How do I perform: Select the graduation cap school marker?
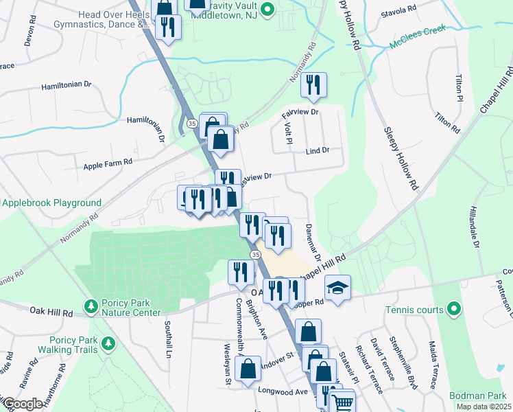[x=337, y=287]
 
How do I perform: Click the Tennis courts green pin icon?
[x=453, y=310]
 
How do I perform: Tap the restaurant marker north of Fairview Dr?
[x=313, y=86]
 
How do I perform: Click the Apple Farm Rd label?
[x=108, y=165]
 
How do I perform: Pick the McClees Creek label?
[x=418, y=36]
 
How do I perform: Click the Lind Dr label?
[x=318, y=150]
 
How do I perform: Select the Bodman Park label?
[x=477, y=396]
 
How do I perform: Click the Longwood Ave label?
[x=283, y=391]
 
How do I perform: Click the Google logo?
[x=22, y=403]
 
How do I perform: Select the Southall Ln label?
[x=167, y=340]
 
